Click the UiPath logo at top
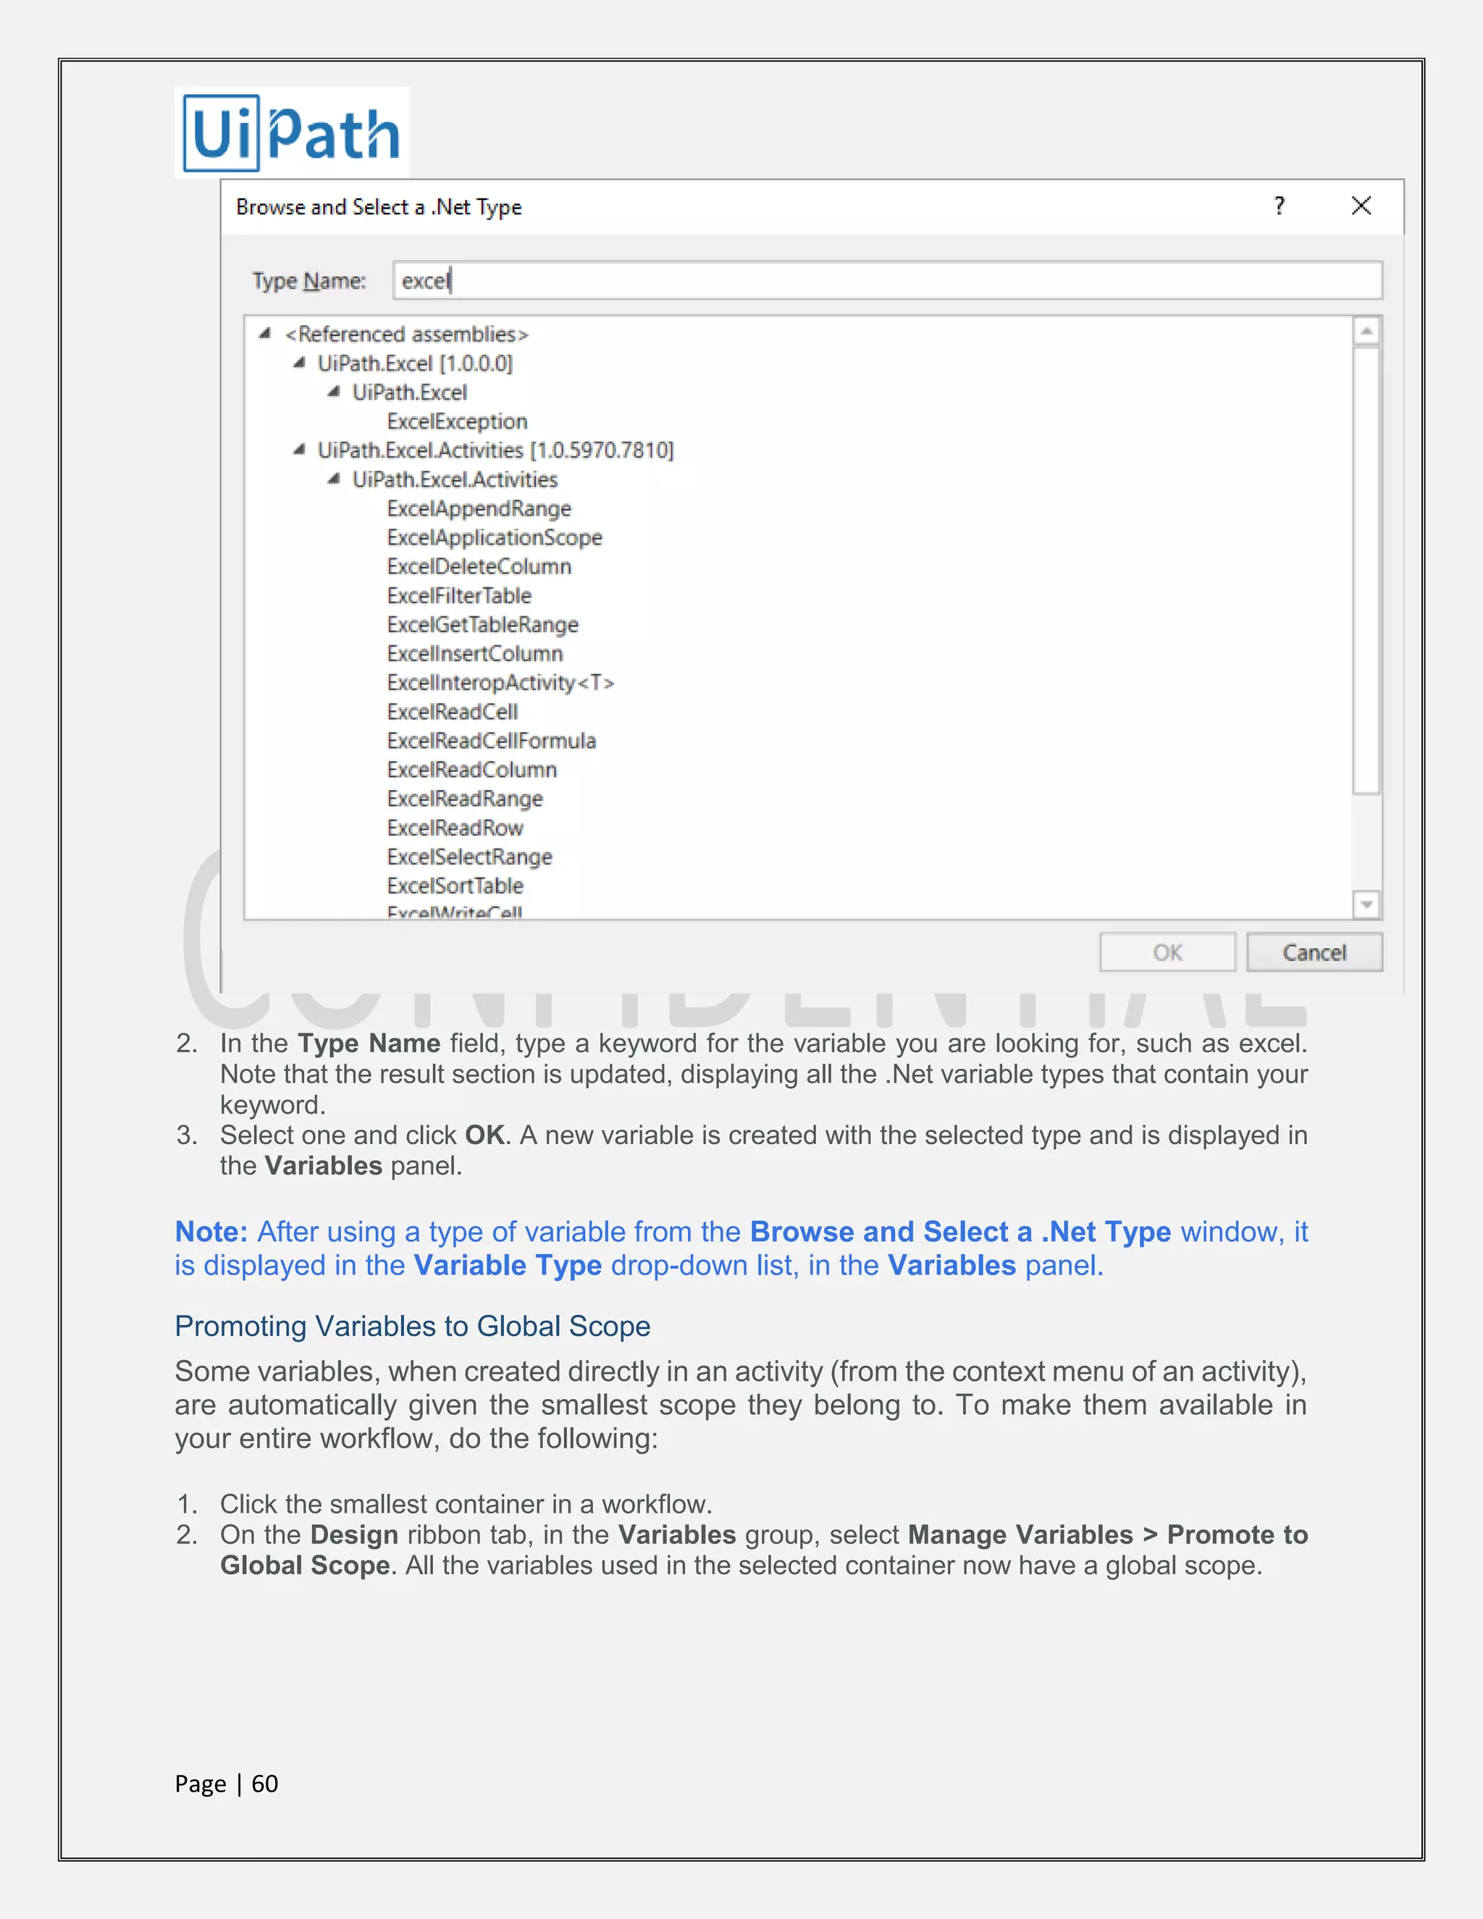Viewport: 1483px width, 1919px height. point(292,133)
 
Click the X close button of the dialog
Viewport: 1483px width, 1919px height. point(1361,206)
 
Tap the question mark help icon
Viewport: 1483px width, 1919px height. point(1280,206)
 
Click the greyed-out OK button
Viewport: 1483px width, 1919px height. point(1167,952)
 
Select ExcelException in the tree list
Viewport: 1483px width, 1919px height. point(457,421)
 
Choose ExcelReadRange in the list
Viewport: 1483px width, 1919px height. point(465,799)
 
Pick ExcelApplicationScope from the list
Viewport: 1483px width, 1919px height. point(495,538)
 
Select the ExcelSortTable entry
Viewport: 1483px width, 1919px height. point(455,886)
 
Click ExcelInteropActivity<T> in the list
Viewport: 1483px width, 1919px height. point(500,683)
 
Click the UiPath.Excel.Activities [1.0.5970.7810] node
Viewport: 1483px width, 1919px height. point(495,450)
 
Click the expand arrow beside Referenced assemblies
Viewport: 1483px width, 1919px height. point(264,334)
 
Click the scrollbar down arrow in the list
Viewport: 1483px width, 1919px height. point(1366,904)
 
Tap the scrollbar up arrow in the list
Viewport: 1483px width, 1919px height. point(1366,331)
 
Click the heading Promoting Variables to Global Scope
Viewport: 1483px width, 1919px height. point(412,1326)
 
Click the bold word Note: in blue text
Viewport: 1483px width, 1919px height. point(211,1232)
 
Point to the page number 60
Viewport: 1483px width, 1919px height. point(264,1784)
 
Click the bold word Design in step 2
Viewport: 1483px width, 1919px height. point(354,1535)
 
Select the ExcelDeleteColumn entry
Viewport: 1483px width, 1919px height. point(479,567)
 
